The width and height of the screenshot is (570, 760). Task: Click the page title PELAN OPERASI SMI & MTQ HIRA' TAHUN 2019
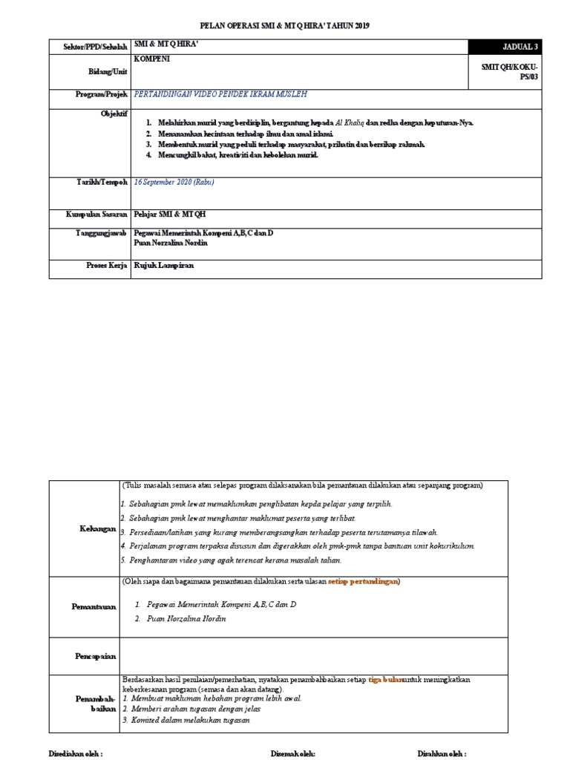pyautogui.click(x=286, y=26)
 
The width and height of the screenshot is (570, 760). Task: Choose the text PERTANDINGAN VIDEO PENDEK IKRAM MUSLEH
pyautogui.click(x=219, y=95)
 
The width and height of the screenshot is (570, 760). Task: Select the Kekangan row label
pyautogui.click(x=98, y=529)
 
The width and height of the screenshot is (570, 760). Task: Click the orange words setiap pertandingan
pyautogui.click(x=363, y=581)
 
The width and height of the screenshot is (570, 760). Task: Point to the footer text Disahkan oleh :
pyautogui.click(x=442, y=753)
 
